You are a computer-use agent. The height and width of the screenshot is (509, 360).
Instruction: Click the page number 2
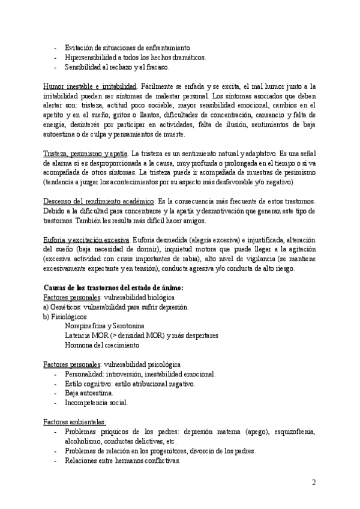[x=314, y=483]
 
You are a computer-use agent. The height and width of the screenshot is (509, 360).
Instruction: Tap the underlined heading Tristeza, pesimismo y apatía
[x=86, y=153]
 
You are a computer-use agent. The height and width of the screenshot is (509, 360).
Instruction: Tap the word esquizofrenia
[x=293, y=432]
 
